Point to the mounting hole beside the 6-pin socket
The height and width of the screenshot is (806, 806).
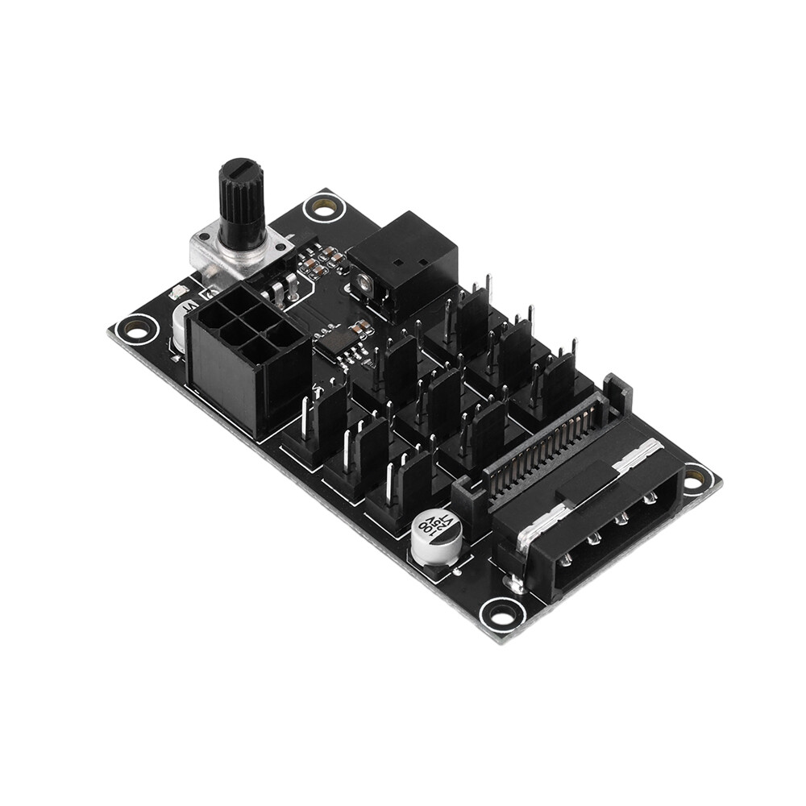tap(136, 329)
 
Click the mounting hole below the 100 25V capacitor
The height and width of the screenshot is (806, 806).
tap(502, 617)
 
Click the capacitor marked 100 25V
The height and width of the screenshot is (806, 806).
tap(437, 538)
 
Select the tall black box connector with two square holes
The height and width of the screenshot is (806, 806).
tap(407, 258)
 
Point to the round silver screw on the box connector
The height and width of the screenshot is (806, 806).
tap(365, 281)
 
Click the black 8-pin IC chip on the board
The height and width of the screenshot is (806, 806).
tap(334, 345)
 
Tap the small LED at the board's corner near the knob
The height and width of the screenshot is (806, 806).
tap(178, 293)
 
